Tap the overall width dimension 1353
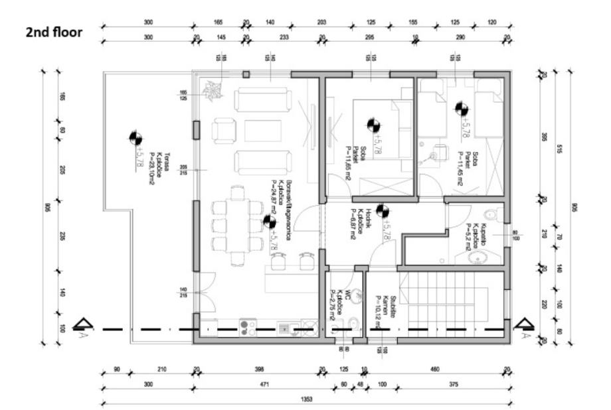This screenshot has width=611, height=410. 307,399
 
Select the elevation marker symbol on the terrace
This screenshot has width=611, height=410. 135,138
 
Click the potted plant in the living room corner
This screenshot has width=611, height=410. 213,90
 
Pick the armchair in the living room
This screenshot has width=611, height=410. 224,130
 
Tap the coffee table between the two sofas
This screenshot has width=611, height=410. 262,130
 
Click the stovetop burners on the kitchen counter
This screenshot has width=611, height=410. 248,327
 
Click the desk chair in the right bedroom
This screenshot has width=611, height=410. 436,155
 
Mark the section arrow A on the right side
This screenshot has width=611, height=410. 524,324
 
